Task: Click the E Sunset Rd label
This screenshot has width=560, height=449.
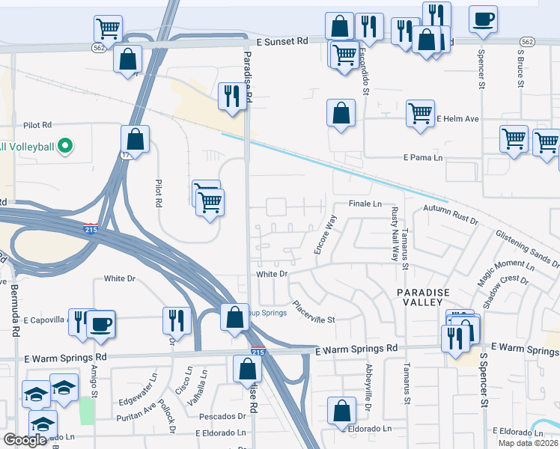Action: [282, 43]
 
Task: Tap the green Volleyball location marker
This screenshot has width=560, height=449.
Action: [65, 144]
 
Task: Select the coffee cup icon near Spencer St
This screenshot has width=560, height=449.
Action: [483, 19]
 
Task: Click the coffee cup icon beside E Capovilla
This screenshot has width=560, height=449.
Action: [101, 324]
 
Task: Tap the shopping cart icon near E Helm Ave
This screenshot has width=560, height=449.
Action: [420, 114]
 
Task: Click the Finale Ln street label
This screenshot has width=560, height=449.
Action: [365, 204]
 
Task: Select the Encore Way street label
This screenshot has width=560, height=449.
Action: [326, 233]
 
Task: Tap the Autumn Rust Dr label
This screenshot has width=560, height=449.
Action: [450, 213]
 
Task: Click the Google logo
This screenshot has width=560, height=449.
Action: [25, 440]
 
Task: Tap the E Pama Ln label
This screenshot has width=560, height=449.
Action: [423, 158]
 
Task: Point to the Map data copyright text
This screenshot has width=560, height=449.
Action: [529, 443]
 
